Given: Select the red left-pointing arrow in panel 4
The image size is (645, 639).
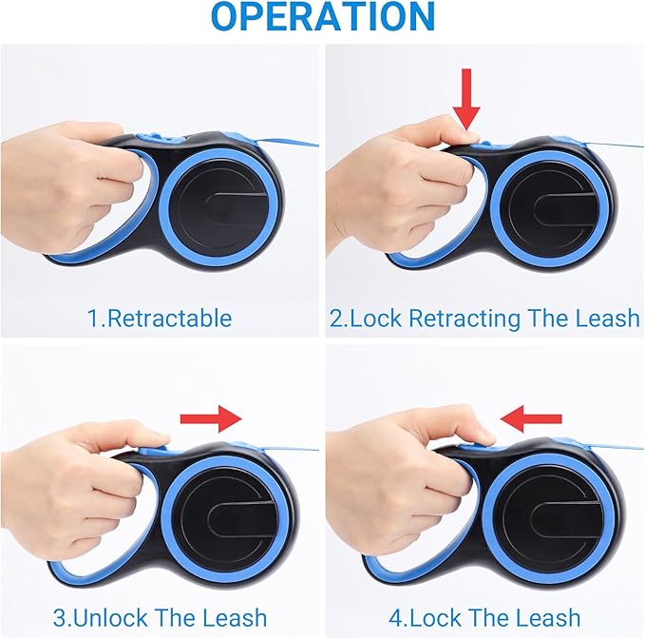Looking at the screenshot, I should click(x=533, y=416).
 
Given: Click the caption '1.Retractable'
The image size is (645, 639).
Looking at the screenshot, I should click(x=160, y=318).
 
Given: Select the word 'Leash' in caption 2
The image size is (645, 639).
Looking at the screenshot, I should click(x=609, y=318).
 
